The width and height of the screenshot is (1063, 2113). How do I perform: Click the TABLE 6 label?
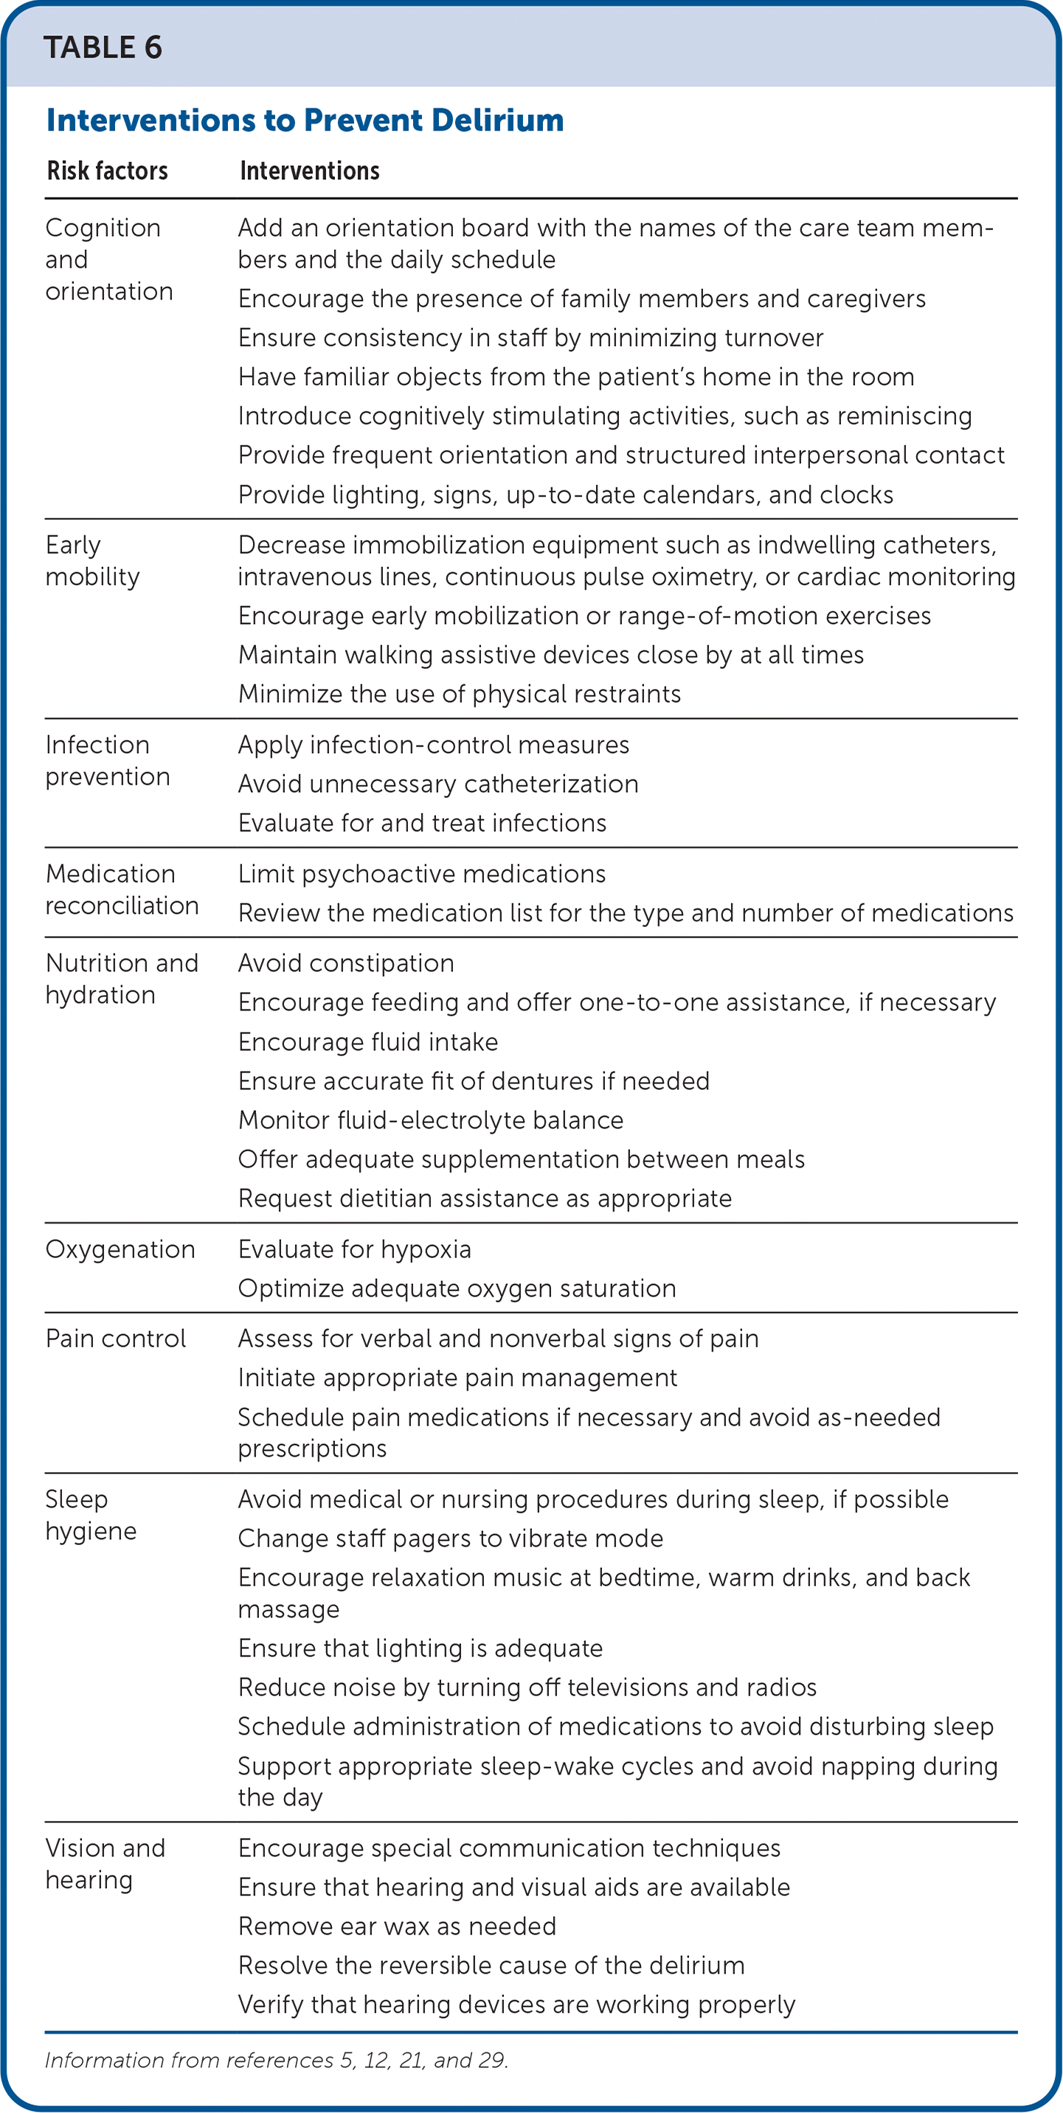[x=103, y=48]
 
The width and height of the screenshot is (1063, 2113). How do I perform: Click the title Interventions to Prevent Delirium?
[x=305, y=120]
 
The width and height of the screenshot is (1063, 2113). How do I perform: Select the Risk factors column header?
[x=108, y=170]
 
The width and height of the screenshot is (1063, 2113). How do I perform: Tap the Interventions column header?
[x=309, y=170]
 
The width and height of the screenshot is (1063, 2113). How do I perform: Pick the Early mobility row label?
[x=92, y=561]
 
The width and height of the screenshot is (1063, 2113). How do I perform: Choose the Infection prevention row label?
[x=108, y=760]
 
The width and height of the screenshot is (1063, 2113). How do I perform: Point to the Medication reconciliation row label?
[x=122, y=889]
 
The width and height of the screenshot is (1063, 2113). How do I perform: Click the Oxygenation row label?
[x=120, y=1249]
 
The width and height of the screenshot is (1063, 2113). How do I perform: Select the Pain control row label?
[x=116, y=1339]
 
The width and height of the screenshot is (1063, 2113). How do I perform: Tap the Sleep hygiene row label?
[x=90, y=1515]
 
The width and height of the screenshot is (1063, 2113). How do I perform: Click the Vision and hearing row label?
[x=105, y=1864]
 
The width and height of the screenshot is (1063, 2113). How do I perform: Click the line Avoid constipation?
[x=345, y=963]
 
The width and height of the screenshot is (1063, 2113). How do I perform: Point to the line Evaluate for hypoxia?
[x=354, y=1249]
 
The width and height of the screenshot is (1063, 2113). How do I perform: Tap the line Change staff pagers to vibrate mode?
[x=450, y=1538]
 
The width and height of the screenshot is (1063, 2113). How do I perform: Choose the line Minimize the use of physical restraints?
[x=460, y=694]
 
